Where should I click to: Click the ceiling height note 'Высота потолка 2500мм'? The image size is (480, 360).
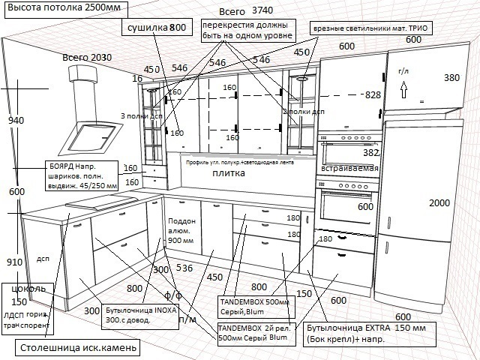(63, 10)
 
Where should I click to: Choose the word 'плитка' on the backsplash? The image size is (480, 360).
(229, 172)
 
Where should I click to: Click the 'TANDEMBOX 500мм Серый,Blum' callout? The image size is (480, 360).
(255, 307)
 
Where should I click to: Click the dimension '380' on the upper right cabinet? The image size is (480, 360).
(451, 77)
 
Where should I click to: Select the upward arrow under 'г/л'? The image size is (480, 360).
(403, 89)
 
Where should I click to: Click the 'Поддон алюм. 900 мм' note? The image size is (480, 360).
(182, 231)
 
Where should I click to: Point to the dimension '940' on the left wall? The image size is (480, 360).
(16, 120)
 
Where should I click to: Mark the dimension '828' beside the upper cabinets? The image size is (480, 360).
(373, 95)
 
